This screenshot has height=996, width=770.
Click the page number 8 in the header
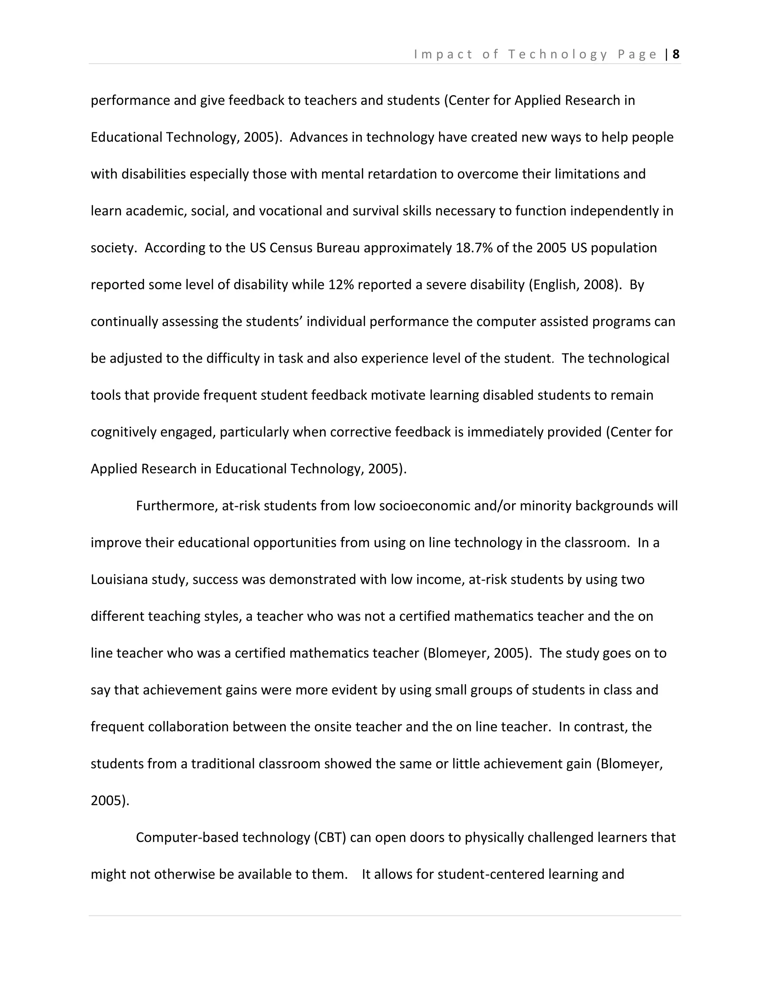tap(676, 54)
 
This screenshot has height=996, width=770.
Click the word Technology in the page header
tap(558, 54)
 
